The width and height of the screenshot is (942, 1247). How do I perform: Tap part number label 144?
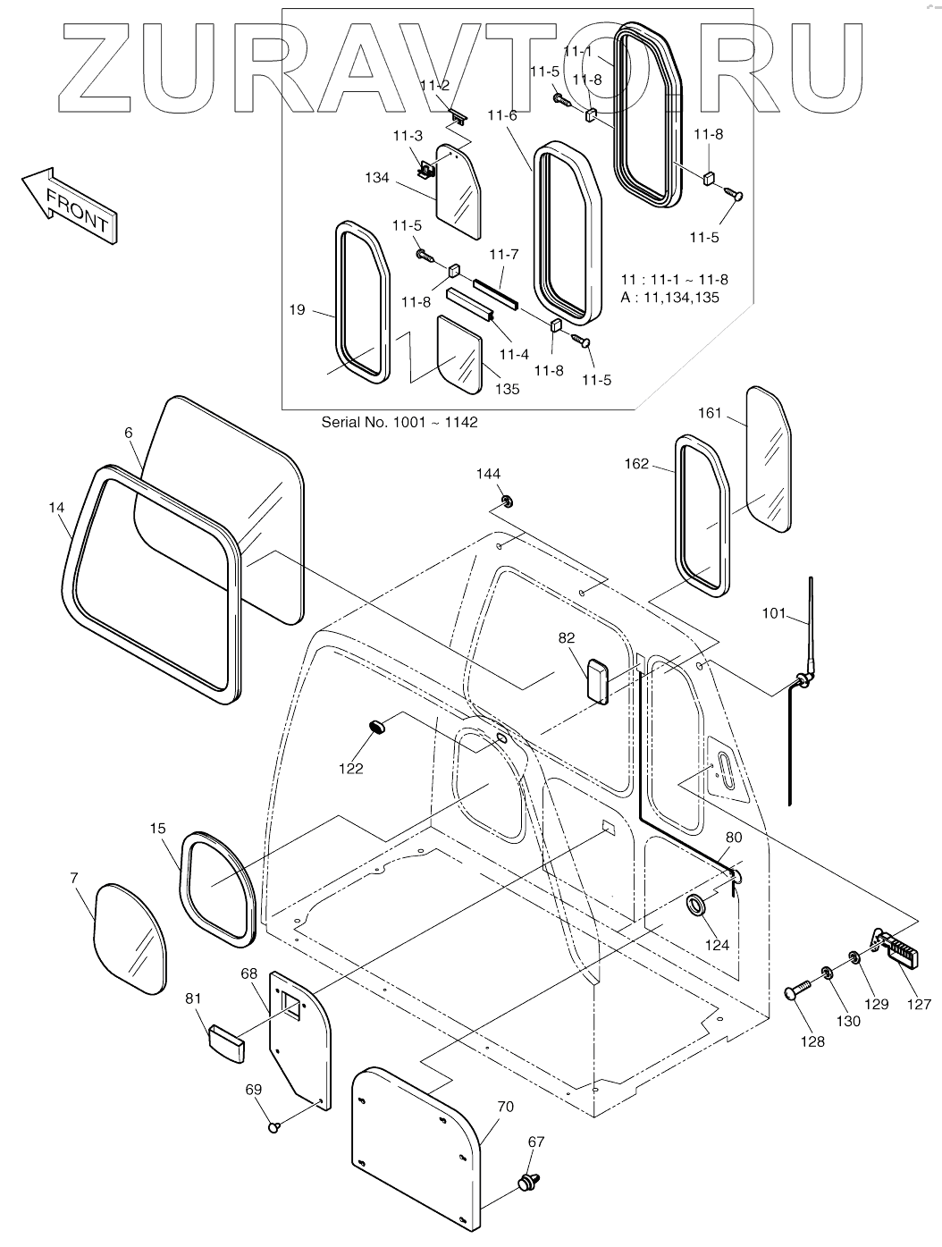point(489,474)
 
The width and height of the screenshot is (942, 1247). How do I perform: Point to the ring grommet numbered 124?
point(696,906)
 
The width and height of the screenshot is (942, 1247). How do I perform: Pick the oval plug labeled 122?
point(380,726)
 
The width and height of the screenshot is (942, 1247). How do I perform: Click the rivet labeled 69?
point(275,1126)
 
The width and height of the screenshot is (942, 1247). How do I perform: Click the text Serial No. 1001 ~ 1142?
point(400,422)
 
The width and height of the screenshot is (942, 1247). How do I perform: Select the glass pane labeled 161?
point(768,459)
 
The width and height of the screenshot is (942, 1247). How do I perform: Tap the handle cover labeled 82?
point(598,682)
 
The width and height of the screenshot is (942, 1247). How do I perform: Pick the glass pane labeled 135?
point(459,354)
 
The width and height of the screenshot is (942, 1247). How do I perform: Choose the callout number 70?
point(505,1106)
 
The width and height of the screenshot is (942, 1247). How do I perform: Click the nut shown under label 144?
point(507,501)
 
